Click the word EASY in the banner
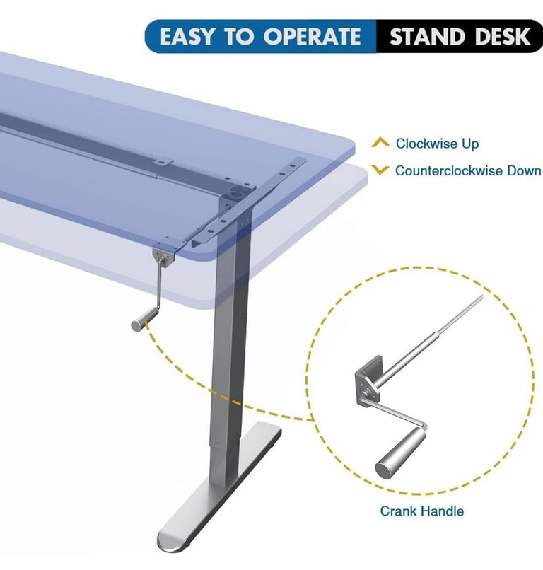187,37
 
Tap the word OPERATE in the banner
313,37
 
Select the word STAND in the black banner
427,37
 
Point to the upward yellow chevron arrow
380,143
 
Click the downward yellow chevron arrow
380,170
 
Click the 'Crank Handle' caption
421,511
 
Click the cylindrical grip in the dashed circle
399,451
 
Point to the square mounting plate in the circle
368,382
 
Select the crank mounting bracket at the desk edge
163,257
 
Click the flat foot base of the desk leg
219,487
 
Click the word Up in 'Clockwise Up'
470,144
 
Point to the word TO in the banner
238,37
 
